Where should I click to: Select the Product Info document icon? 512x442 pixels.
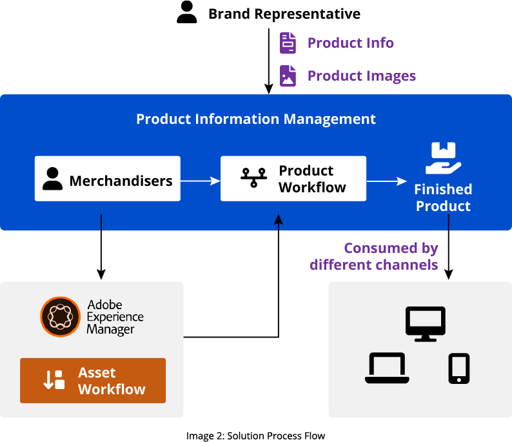pos(288,43)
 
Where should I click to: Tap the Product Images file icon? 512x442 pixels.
pos(288,75)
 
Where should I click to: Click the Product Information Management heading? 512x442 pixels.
pos(255,119)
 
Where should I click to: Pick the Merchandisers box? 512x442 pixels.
pos(107,179)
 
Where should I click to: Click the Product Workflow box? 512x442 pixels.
pos(293,179)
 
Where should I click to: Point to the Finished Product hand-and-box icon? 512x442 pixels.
pos(443,159)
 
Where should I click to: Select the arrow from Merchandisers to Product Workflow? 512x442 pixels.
pos(200,181)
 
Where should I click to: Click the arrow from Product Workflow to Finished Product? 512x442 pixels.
pos(387,182)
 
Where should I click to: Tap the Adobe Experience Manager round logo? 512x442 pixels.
pos(60,317)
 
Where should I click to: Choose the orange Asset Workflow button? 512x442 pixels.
pos(93,381)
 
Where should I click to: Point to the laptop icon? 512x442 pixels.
pos(387,368)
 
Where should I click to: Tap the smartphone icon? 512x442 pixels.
pos(458,368)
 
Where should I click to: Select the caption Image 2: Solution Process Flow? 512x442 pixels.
pos(255,436)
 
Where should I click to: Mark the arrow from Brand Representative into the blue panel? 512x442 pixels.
pos(269,58)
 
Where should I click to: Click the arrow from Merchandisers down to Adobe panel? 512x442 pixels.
pos(101,252)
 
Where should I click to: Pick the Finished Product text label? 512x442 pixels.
pos(443,197)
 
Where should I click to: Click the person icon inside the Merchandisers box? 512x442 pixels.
pos(52,179)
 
